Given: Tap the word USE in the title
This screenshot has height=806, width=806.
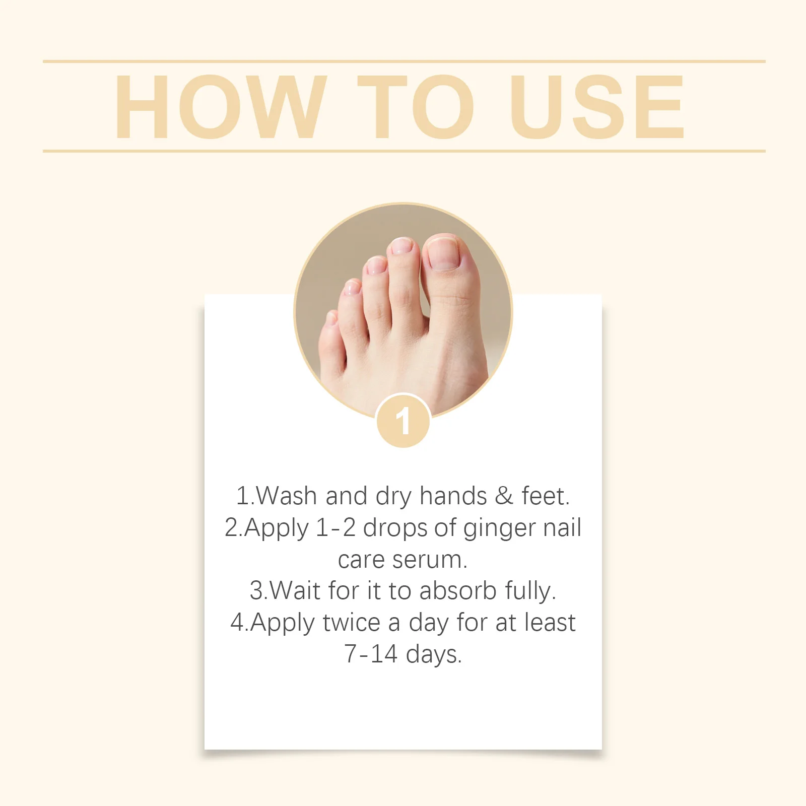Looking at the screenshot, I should tap(597, 107).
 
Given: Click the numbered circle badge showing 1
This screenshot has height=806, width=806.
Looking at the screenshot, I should tap(403, 421).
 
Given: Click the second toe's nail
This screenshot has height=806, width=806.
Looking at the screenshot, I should tap(401, 246).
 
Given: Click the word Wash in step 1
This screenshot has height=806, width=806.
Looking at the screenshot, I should tap(287, 496).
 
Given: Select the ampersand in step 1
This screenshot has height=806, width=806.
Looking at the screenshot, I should tap(504, 496).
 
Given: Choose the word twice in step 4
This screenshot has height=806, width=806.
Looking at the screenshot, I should tap(351, 623).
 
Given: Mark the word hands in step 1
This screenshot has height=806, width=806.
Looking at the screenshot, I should tap(453, 496).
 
